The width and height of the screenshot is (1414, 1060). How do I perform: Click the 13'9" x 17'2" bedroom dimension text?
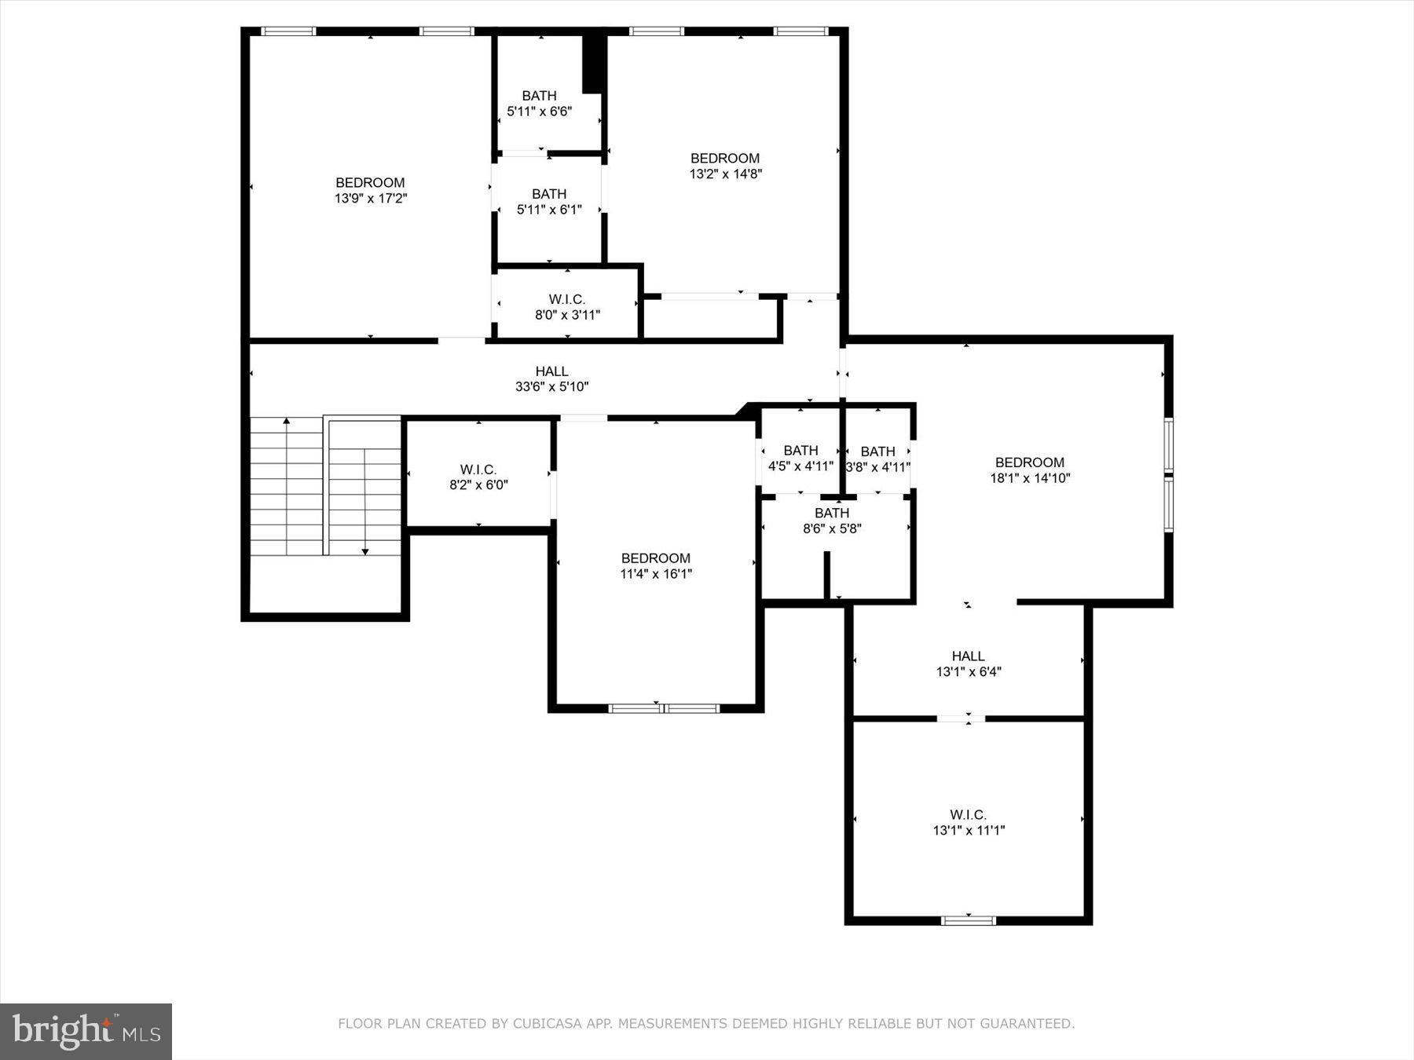click(370, 199)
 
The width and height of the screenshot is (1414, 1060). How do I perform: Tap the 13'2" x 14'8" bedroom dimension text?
click(725, 174)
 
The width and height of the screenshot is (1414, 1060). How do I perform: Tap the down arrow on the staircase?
click(365, 551)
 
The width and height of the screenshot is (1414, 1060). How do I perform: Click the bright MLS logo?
click(86, 1031)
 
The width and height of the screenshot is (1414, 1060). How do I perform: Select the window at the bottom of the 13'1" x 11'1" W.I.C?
click(968, 920)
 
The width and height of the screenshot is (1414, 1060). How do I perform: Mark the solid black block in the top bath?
click(593, 63)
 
